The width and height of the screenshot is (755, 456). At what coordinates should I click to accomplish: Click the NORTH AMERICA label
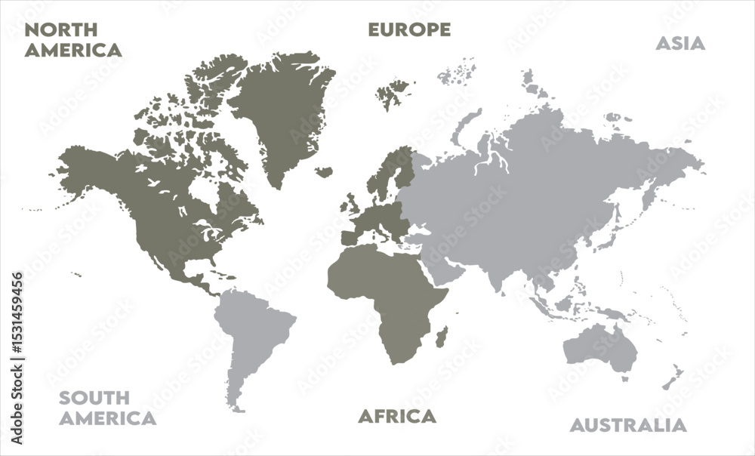[x=72, y=40]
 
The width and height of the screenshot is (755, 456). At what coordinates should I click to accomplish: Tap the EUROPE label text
[x=409, y=29]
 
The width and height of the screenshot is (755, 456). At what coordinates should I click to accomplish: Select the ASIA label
[x=680, y=43]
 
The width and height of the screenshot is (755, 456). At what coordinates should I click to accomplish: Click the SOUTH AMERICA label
[x=108, y=408]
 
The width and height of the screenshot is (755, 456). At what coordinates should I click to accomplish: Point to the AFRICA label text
[x=397, y=416]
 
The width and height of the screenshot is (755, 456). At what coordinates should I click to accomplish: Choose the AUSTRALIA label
[x=628, y=425]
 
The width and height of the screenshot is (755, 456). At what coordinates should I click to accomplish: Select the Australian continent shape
[x=600, y=347]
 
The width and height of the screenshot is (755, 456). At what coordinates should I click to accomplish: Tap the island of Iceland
[x=325, y=172]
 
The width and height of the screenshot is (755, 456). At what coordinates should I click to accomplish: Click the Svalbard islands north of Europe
[x=393, y=94]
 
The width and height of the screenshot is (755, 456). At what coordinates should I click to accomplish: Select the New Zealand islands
[x=672, y=377]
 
